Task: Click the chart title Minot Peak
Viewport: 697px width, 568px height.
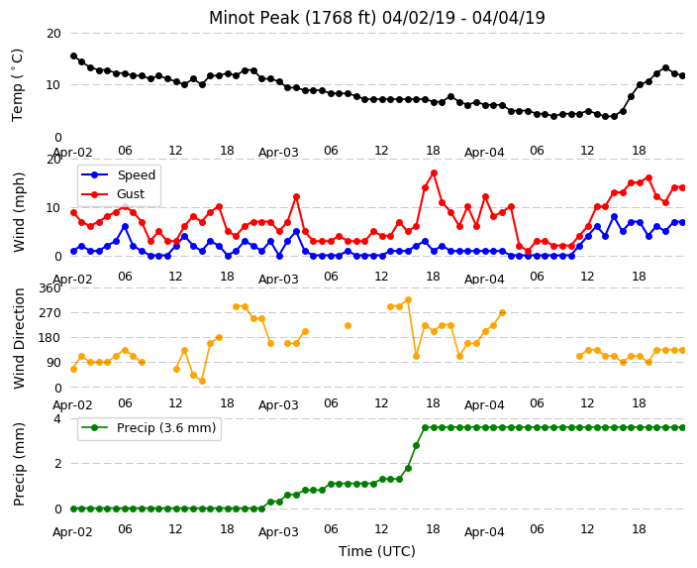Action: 253,18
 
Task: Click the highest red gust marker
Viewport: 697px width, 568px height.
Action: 434,172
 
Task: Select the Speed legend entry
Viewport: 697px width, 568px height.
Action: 118,174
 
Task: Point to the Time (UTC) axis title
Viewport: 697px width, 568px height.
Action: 377,551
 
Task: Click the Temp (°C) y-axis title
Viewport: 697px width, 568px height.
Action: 18,85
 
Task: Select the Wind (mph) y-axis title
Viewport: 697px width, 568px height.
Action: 18,212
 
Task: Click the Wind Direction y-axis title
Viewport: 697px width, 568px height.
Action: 18,338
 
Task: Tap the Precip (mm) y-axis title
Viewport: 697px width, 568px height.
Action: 18,464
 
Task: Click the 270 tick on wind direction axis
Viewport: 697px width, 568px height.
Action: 50,313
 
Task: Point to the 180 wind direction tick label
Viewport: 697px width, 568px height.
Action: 50,338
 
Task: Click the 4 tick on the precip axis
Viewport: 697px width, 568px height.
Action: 57,419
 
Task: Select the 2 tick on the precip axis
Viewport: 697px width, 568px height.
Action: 57,463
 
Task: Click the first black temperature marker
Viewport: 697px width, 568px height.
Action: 74,57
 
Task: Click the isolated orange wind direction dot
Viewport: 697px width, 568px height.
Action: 348,325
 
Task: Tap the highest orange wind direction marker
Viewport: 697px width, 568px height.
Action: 408,300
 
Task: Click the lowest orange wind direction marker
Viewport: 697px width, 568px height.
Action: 202,381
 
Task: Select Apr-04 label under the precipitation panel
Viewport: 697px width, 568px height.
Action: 484,532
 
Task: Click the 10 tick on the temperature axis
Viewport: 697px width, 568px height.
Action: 53,84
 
